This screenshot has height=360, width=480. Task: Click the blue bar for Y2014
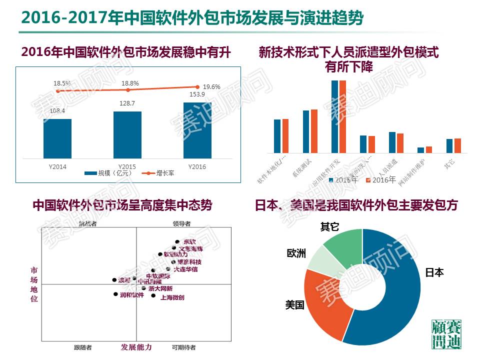click(57, 138)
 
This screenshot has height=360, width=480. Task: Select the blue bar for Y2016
click(197, 130)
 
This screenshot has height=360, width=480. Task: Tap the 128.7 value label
click(127, 102)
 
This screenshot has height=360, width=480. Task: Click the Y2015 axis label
click(127, 166)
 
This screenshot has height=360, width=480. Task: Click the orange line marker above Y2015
click(128, 90)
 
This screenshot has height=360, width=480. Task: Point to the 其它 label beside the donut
click(329, 227)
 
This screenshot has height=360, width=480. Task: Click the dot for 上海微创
click(153, 295)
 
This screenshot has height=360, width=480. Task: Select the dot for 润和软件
click(116, 294)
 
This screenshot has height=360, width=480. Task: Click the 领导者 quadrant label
click(182, 223)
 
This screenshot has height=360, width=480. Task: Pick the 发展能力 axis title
click(136, 347)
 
